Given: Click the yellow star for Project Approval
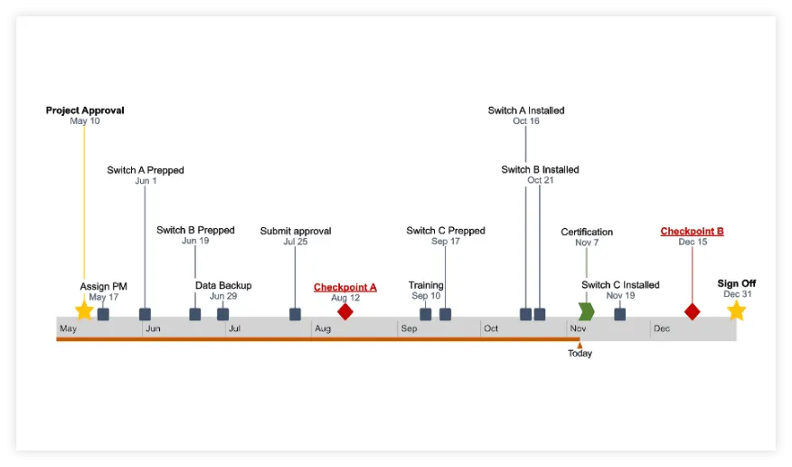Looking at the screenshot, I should tap(84, 310).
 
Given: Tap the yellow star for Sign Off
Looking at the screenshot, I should tap(736, 310).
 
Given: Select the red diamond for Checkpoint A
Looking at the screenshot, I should tap(344, 311).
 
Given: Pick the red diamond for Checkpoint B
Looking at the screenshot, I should tap(692, 311).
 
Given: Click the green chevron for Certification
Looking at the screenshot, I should tap(586, 311).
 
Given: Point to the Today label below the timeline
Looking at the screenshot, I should tap(580, 354).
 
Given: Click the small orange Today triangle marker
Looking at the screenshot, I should tap(580, 344).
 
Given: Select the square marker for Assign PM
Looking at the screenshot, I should tap(103, 314).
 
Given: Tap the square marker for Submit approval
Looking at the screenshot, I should tap(295, 314).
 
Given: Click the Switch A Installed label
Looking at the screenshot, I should tap(526, 110).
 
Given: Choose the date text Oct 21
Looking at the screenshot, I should tap(541, 180).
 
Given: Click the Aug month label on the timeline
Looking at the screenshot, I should tap(323, 329).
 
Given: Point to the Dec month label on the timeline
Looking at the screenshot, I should tap(662, 329).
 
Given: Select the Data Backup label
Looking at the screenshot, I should tap(223, 285).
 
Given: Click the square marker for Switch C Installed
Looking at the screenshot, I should tap(620, 314).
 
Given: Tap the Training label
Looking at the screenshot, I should tap(426, 285).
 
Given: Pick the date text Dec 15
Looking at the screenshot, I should tap(693, 242).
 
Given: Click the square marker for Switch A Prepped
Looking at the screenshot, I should tap(145, 314).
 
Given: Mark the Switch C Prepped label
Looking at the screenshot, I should tap(446, 231).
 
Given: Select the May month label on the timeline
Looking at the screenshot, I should tap(68, 329).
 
